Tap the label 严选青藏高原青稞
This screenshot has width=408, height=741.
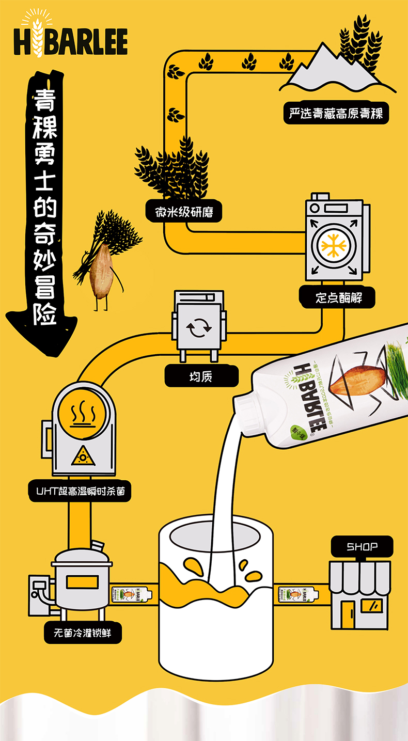pyautogui.click(x=336, y=113)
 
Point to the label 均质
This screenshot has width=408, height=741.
pyautogui.click(x=201, y=376)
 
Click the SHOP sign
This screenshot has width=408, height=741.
pyautogui.click(x=362, y=546)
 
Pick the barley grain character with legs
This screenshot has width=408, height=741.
pyautogui.click(x=102, y=274)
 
